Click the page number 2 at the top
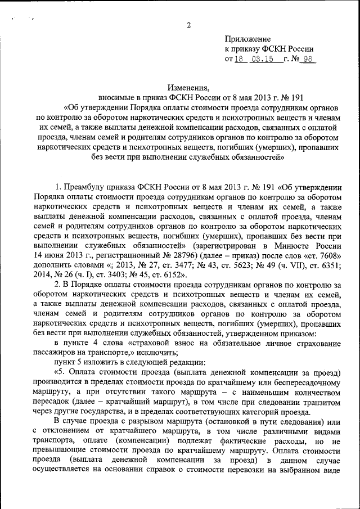(x=188, y=25)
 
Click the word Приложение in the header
(x=247, y=39)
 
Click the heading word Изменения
(x=188, y=87)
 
